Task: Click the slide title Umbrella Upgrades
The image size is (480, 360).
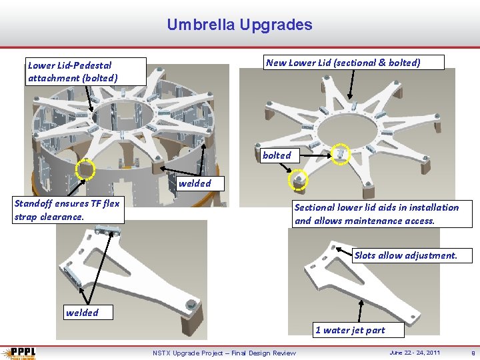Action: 239,25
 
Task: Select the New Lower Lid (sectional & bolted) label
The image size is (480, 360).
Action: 343,63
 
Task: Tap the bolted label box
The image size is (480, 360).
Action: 277,155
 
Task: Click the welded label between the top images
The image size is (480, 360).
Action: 195,183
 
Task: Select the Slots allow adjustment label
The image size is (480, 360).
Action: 405,255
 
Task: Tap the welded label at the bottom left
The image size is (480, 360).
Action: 82,313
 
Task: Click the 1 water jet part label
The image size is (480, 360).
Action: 350,330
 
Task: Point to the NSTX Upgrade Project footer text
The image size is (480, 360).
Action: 224,353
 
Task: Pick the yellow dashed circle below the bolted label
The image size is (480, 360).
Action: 298,179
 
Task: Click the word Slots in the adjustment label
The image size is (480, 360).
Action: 365,255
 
